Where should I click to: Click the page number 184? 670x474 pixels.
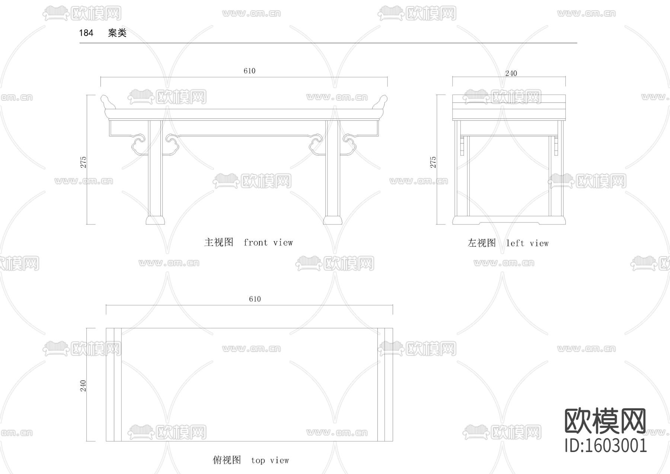[x=86, y=33]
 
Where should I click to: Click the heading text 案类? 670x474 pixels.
[x=117, y=33]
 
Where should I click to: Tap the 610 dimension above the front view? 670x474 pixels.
[x=249, y=71]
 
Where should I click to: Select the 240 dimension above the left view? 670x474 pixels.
[x=511, y=73]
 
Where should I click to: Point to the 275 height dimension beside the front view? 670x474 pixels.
[x=83, y=162]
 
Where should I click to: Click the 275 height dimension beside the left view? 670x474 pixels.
[x=433, y=162]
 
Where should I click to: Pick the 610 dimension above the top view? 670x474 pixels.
[x=255, y=299]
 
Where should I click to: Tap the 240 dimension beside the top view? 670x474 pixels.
[x=83, y=386]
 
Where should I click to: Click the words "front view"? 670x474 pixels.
[x=268, y=243]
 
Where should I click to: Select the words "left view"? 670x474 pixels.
[x=527, y=243]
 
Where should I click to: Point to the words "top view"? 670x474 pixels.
[x=270, y=460]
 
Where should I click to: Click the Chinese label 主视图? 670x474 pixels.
[x=218, y=243]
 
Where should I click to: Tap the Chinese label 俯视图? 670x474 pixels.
[x=227, y=460]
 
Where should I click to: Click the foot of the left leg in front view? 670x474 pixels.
[x=155, y=220]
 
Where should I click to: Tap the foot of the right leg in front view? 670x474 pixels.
[x=332, y=220]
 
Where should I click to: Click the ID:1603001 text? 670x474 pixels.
[x=606, y=446]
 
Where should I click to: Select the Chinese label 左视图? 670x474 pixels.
[x=482, y=243]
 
